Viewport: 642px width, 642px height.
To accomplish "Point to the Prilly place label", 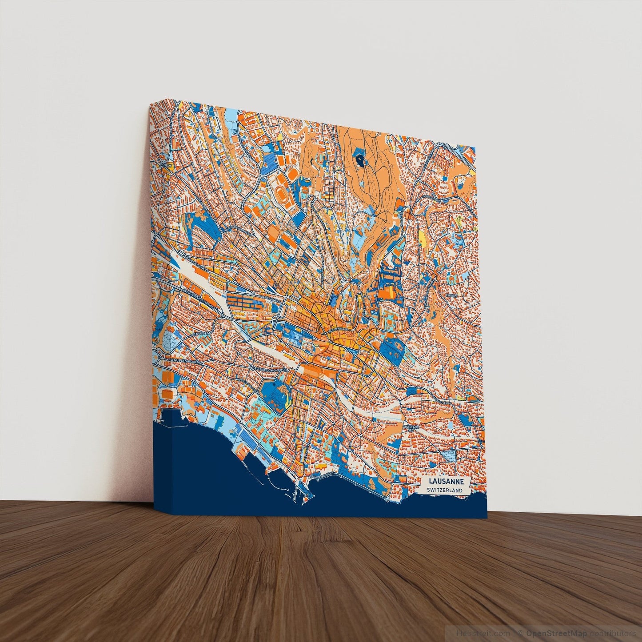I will [x=167, y=165].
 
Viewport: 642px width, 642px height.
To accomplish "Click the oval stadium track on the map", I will [x=281, y=195].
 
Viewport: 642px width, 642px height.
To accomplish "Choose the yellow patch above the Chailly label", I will [x=422, y=240].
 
